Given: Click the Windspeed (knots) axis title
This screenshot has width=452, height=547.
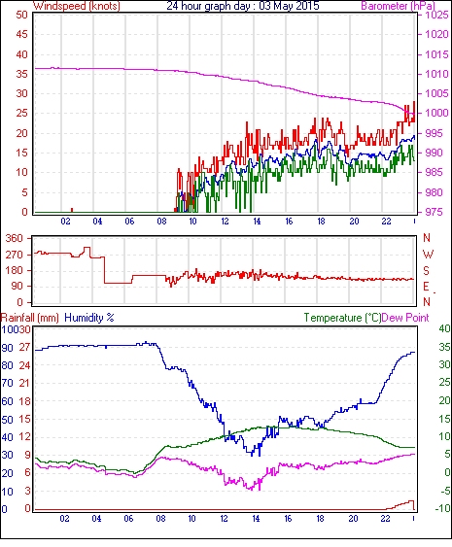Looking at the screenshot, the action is coord(77,6).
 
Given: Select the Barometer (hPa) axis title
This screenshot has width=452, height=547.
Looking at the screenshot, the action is coord(399,6).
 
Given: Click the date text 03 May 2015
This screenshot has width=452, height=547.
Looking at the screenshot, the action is coord(289,6).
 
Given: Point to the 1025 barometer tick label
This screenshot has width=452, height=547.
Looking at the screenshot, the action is coord(436,15).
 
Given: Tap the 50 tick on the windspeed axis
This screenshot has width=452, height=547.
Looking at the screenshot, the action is coord(21,15).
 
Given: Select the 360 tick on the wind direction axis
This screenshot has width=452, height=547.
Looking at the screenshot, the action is coord(15,239).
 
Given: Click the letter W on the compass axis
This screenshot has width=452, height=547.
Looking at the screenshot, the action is coord(428,255).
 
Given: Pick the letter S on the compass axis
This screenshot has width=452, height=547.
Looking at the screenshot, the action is coord(426,271).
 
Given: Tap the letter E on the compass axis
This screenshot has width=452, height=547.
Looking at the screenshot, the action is coord(426,287).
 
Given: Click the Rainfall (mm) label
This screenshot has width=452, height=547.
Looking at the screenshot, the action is coord(29,318).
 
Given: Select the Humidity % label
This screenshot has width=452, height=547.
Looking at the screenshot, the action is coord(89,318).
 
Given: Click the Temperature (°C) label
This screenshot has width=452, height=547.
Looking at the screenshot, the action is coord(342,318).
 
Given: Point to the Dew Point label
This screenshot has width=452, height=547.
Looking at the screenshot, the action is coord(405,318).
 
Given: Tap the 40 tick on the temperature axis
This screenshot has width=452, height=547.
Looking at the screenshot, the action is coord(444,328).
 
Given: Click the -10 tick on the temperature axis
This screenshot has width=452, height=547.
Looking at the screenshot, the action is coord(442,509).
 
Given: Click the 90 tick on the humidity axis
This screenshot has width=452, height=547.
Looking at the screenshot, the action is coord(7,348).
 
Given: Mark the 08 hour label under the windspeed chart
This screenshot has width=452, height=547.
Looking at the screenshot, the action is coord(161,222).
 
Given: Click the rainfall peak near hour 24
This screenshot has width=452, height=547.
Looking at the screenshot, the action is coord(412,501).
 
